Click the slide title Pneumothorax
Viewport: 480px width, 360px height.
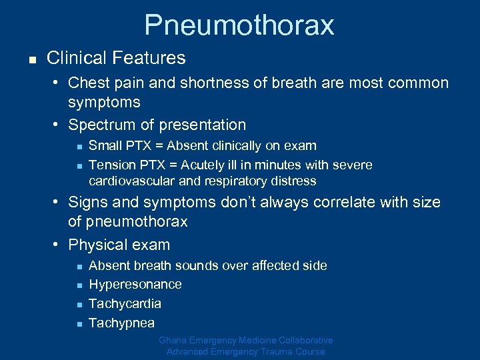point(239,25)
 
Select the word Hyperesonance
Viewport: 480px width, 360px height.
point(135,285)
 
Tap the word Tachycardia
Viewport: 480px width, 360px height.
point(125,304)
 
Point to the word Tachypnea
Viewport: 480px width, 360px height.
point(121,323)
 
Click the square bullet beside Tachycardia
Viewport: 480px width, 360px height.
point(78,305)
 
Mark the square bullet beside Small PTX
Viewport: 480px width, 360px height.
point(78,146)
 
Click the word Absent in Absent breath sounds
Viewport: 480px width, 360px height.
point(109,265)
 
